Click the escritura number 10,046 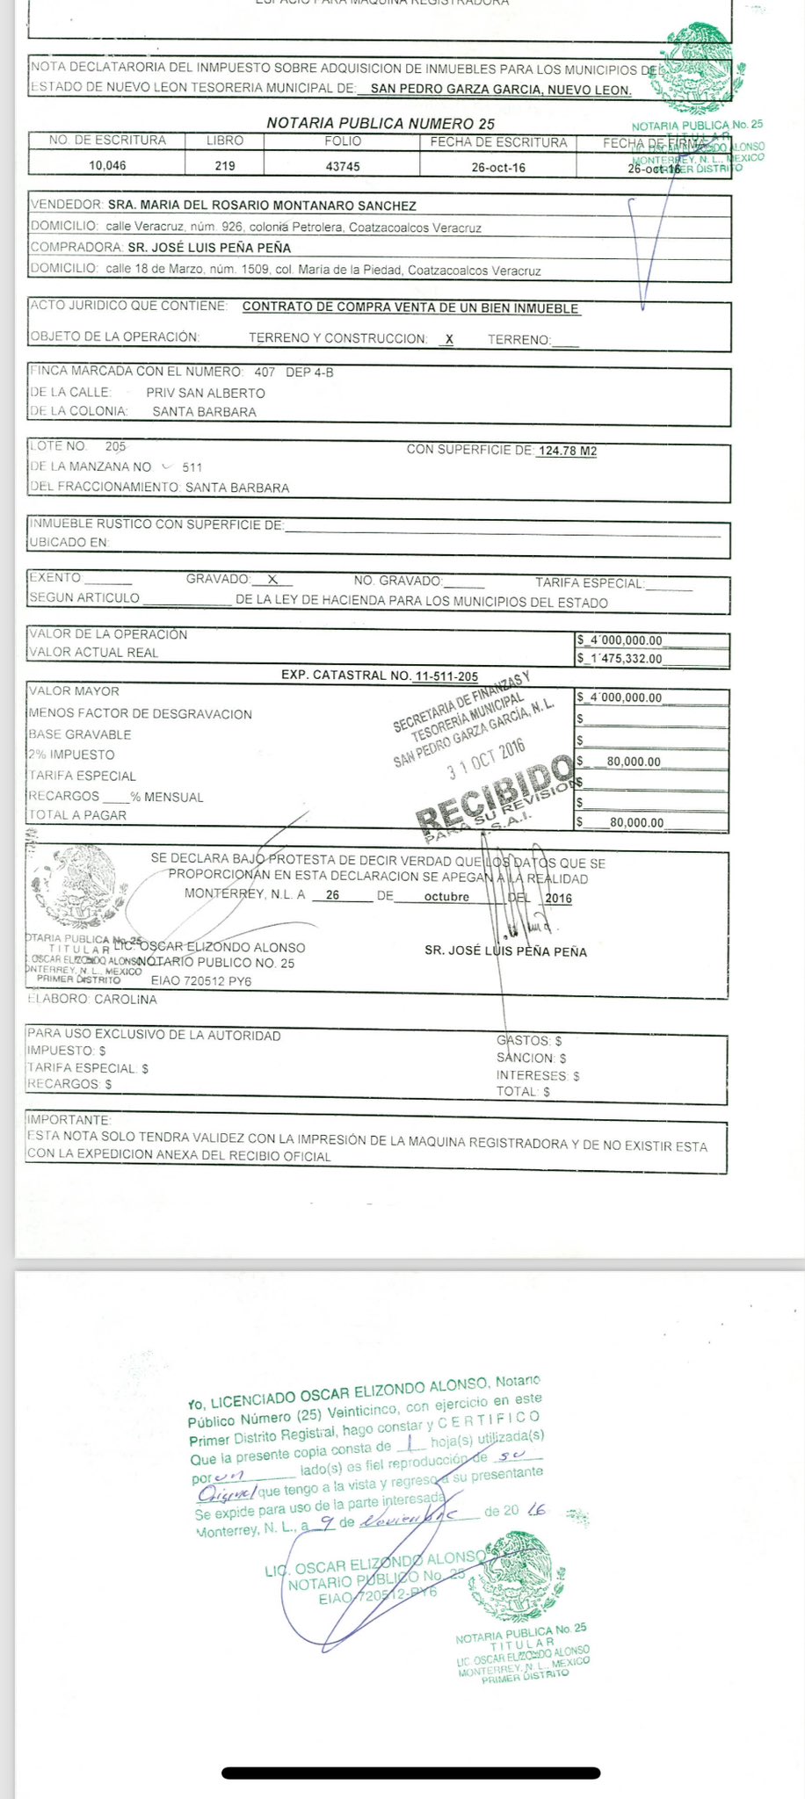point(107,166)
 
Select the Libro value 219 point(225,166)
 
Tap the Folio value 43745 point(343,166)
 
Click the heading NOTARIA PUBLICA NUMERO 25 point(381,124)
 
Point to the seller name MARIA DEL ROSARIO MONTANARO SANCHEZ point(262,206)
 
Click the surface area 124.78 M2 point(567,451)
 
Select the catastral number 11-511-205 point(446,676)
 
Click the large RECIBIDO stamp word point(497,793)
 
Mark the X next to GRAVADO point(272,580)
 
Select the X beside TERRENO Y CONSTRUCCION point(449,339)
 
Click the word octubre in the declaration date point(446,897)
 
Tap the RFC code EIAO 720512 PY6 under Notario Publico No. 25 point(201,980)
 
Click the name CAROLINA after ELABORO point(126,1000)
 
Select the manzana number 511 point(192,467)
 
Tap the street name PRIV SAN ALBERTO point(205,394)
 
